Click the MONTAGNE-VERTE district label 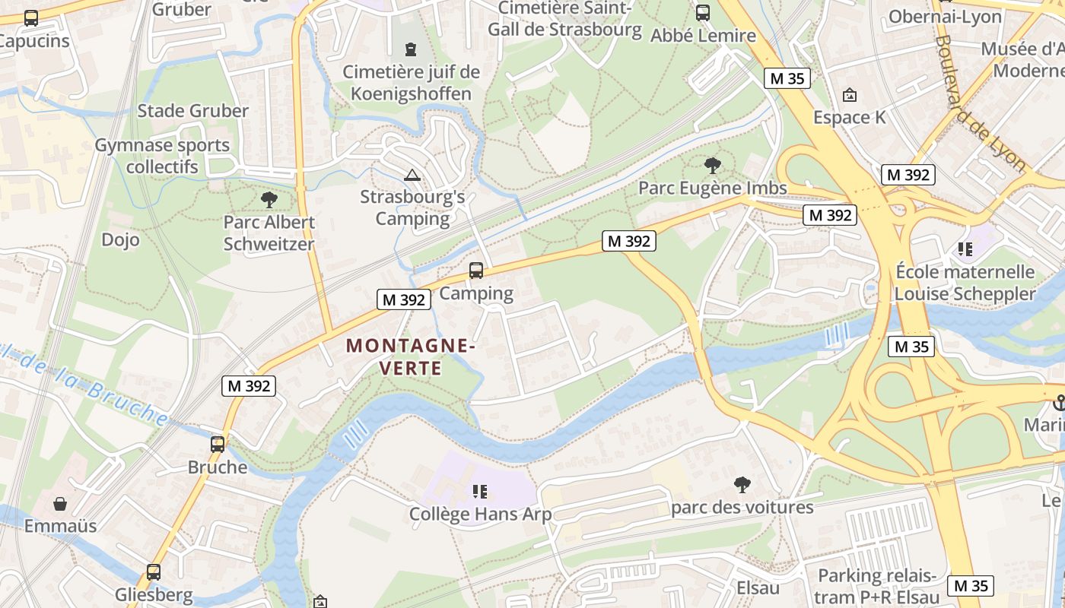(x=411, y=356)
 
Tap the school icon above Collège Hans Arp (x=479, y=492)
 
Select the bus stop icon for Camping (x=476, y=270)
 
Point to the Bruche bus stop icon (x=218, y=444)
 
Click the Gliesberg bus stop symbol (x=154, y=572)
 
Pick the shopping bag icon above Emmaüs (x=60, y=503)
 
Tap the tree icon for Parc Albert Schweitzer (x=268, y=200)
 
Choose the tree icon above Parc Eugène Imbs (x=712, y=165)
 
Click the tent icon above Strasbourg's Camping (x=412, y=176)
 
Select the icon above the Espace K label (x=850, y=96)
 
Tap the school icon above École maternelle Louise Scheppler (x=965, y=249)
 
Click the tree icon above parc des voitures (x=742, y=484)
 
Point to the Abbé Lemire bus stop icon (x=703, y=13)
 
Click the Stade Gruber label (x=192, y=111)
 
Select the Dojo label (x=120, y=240)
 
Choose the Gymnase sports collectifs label (x=162, y=156)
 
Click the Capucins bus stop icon (x=31, y=18)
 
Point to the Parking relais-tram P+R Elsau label (x=876, y=586)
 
